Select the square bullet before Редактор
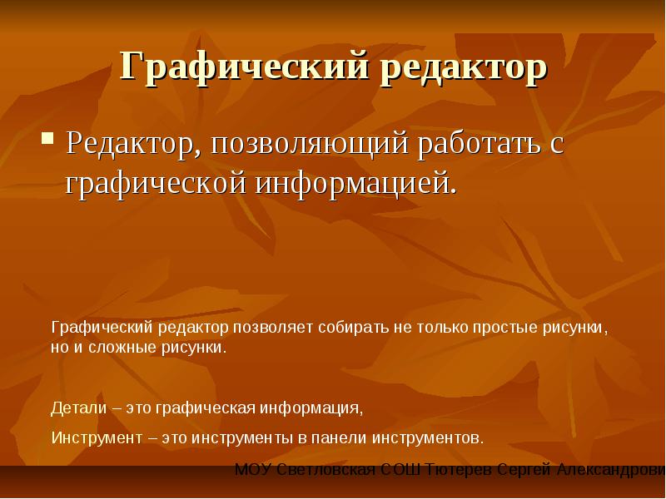tap(47, 139)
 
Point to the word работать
tap(480, 143)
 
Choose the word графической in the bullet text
tap(156, 183)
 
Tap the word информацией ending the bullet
tap(356, 183)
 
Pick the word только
tap(441, 328)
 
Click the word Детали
tap(78, 408)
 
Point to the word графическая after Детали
tap(205, 409)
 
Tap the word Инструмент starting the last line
tap(97, 437)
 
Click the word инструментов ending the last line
tap(428, 438)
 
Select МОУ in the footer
tap(253, 470)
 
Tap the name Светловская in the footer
tap(326, 470)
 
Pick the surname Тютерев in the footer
tap(459, 470)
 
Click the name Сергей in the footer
tap(524, 470)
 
